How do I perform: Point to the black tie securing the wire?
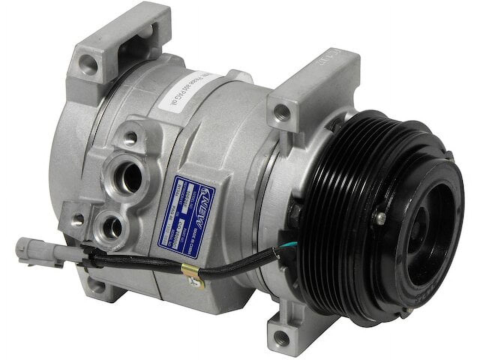(x=86, y=259)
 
